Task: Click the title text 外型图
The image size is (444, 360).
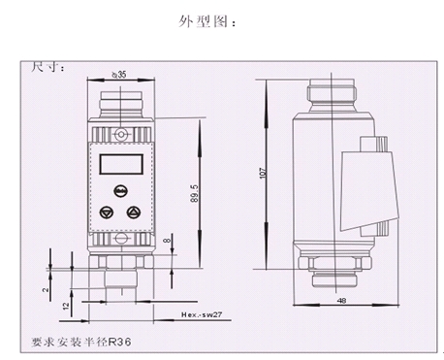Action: pyautogui.click(x=206, y=21)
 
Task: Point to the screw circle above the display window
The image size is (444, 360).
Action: pyautogui.click(x=118, y=132)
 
